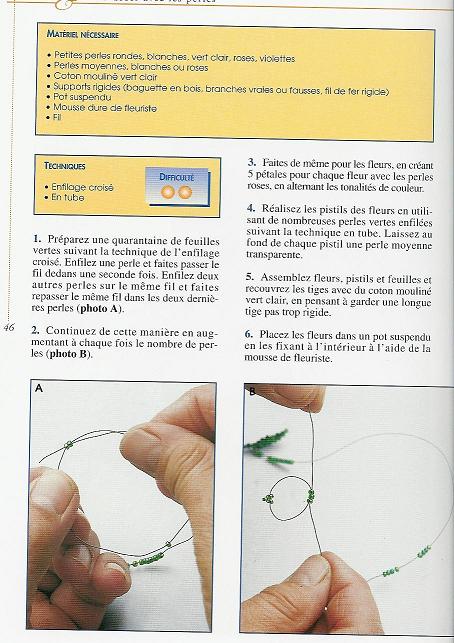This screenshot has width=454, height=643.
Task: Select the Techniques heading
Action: (65, 166)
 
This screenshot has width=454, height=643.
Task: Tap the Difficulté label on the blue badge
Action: (177, 177)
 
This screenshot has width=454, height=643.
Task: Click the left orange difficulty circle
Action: (168, 191)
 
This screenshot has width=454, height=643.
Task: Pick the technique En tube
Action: (70, 197)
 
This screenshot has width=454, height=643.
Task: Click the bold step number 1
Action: (36, 238)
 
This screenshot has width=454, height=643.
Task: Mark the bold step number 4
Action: (251, 207)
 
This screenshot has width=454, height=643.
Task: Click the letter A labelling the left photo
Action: (39, 389)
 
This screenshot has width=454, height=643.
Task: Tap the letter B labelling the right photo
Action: (253, 391)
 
